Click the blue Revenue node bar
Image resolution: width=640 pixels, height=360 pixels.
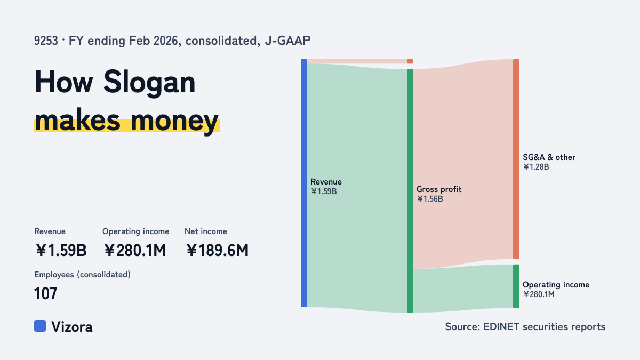(304, 183)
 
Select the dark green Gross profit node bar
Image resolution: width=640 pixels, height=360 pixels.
(410, 190)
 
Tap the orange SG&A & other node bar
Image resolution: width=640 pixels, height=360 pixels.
(516, 159)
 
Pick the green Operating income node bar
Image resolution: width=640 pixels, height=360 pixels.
(516, 286)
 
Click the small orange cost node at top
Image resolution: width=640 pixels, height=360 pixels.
(410, 61)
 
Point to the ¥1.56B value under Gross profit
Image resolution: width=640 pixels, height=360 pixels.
(430, 199)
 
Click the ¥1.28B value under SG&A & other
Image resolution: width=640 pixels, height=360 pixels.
(536, 167)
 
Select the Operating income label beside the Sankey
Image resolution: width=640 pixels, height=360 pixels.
(556, 285)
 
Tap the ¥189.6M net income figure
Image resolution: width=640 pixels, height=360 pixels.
(218, 250)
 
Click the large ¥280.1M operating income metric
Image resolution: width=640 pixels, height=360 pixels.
(135, 250)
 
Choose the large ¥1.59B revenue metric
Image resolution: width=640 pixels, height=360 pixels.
(61, 250)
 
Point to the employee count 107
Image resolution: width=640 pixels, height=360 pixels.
(46, 293)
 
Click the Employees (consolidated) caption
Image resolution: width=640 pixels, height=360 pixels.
(82, 275)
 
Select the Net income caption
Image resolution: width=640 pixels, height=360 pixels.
(206, 231)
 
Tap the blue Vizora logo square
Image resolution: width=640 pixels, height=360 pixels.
(40, 326)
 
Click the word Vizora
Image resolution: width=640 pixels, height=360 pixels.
(72, 327)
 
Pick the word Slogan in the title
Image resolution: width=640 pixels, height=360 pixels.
(149, 83)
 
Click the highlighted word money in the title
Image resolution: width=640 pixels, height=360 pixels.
(174, 122)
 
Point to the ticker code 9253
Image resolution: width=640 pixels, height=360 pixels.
(46, 41)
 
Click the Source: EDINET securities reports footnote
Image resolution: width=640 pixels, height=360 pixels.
(525, 326)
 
